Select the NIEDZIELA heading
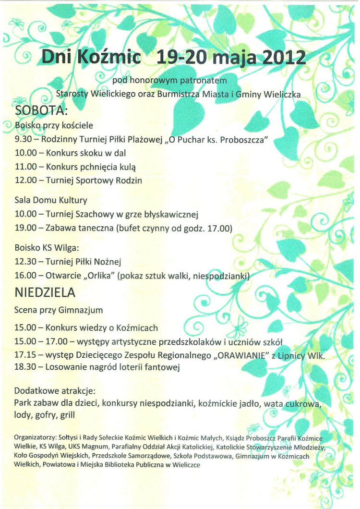tap(45, 292)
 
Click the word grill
tap(65, 414)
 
